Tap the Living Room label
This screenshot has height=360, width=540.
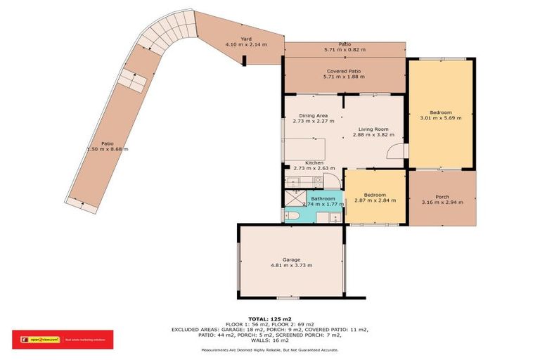click(x=373, y=129)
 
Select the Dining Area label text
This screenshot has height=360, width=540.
click(x=313, y=115)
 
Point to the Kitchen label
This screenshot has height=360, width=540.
click(x=314, y=162)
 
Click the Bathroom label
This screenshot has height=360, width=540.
click(x=323, y=199)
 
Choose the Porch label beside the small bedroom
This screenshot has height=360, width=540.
click(x=442, y=196)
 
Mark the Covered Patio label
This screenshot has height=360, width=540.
click(x=344, y=71)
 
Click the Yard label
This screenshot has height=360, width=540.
click(x=246, y=39)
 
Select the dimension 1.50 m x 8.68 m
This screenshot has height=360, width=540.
click(x=108, y=149)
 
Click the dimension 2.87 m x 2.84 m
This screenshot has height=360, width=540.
click(x=375, y=200)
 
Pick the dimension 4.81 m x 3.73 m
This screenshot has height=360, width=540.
click(x=291, y=265)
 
